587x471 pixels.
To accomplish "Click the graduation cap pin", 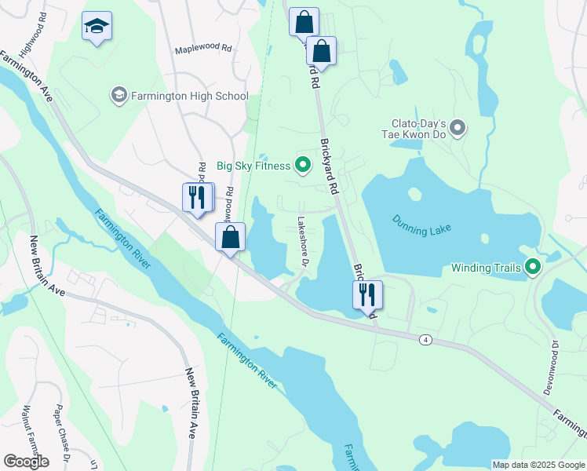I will (x=97, y=27).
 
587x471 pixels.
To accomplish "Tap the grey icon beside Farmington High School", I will (x=118, y=96).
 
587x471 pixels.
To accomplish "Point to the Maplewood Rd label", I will (x=203, y=48).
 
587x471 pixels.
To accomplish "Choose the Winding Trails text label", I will (x=487, y=268).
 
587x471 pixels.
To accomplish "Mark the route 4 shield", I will (x=425, y=339).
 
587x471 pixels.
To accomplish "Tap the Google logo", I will (x=26, y=461).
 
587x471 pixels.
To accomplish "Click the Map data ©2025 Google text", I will (x=538, y=465).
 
